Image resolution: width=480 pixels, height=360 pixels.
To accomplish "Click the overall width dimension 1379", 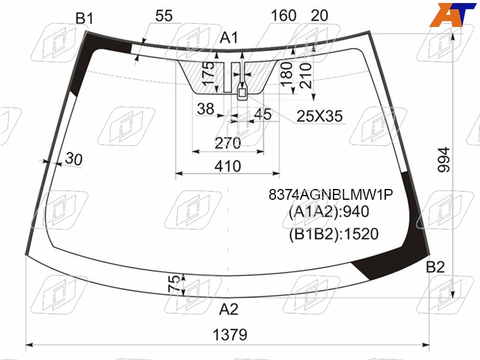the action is (230, 335).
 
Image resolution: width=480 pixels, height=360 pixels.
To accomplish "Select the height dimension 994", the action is (443, 160).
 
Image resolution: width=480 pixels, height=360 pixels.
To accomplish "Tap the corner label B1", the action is (84, 19).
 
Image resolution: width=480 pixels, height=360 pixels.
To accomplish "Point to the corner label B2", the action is (435, 267).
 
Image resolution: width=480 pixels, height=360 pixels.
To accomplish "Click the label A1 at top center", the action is (229, 38).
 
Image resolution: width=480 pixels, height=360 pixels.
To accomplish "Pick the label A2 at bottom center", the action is (229, 309).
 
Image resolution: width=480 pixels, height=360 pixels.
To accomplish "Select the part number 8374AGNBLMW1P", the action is (331, 194).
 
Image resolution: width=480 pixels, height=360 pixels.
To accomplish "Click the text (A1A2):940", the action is (329, 212).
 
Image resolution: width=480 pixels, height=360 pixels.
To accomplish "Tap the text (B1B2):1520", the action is (334, 234).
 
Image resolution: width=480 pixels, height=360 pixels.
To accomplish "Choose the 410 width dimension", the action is (228, 166).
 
